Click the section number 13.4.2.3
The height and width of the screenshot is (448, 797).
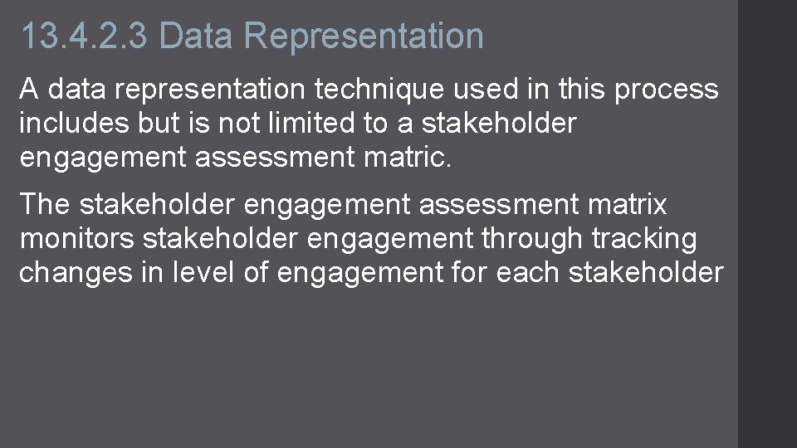coord(84,37)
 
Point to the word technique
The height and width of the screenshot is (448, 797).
coord(384,89)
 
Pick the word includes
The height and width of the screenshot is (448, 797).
coord(73,124)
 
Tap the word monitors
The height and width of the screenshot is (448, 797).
coord(77,239)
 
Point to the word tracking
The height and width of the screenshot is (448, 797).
coord(644,239)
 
